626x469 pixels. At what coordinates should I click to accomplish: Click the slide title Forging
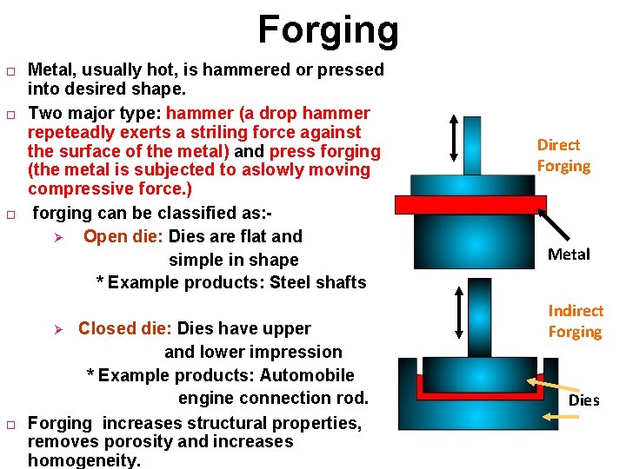point(328,29)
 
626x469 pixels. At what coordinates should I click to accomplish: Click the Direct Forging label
point(563,155)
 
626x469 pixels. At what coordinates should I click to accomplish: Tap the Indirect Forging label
point(575,321)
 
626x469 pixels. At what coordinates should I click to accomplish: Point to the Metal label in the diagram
point(569,254)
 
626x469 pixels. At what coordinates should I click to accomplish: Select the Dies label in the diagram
point(583,400)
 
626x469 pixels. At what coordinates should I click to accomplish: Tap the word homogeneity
point(83,460)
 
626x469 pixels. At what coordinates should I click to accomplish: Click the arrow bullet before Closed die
point(58,329)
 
